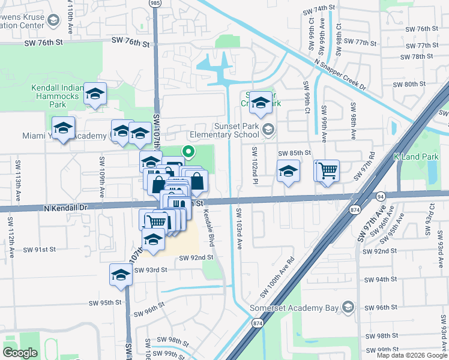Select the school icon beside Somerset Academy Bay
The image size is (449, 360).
point(347,308)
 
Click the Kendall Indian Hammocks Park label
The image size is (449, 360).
point(56,95)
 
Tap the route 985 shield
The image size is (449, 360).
point(155,3)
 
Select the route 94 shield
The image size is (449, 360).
point(381,196)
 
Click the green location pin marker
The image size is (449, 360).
point(188,153)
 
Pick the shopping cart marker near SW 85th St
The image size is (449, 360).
point(328,170)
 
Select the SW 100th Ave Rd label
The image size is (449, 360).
point(278,277)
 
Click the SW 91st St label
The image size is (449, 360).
point(40,249)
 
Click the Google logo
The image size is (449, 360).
point(20,353)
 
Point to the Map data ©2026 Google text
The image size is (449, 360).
point(411,355)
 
